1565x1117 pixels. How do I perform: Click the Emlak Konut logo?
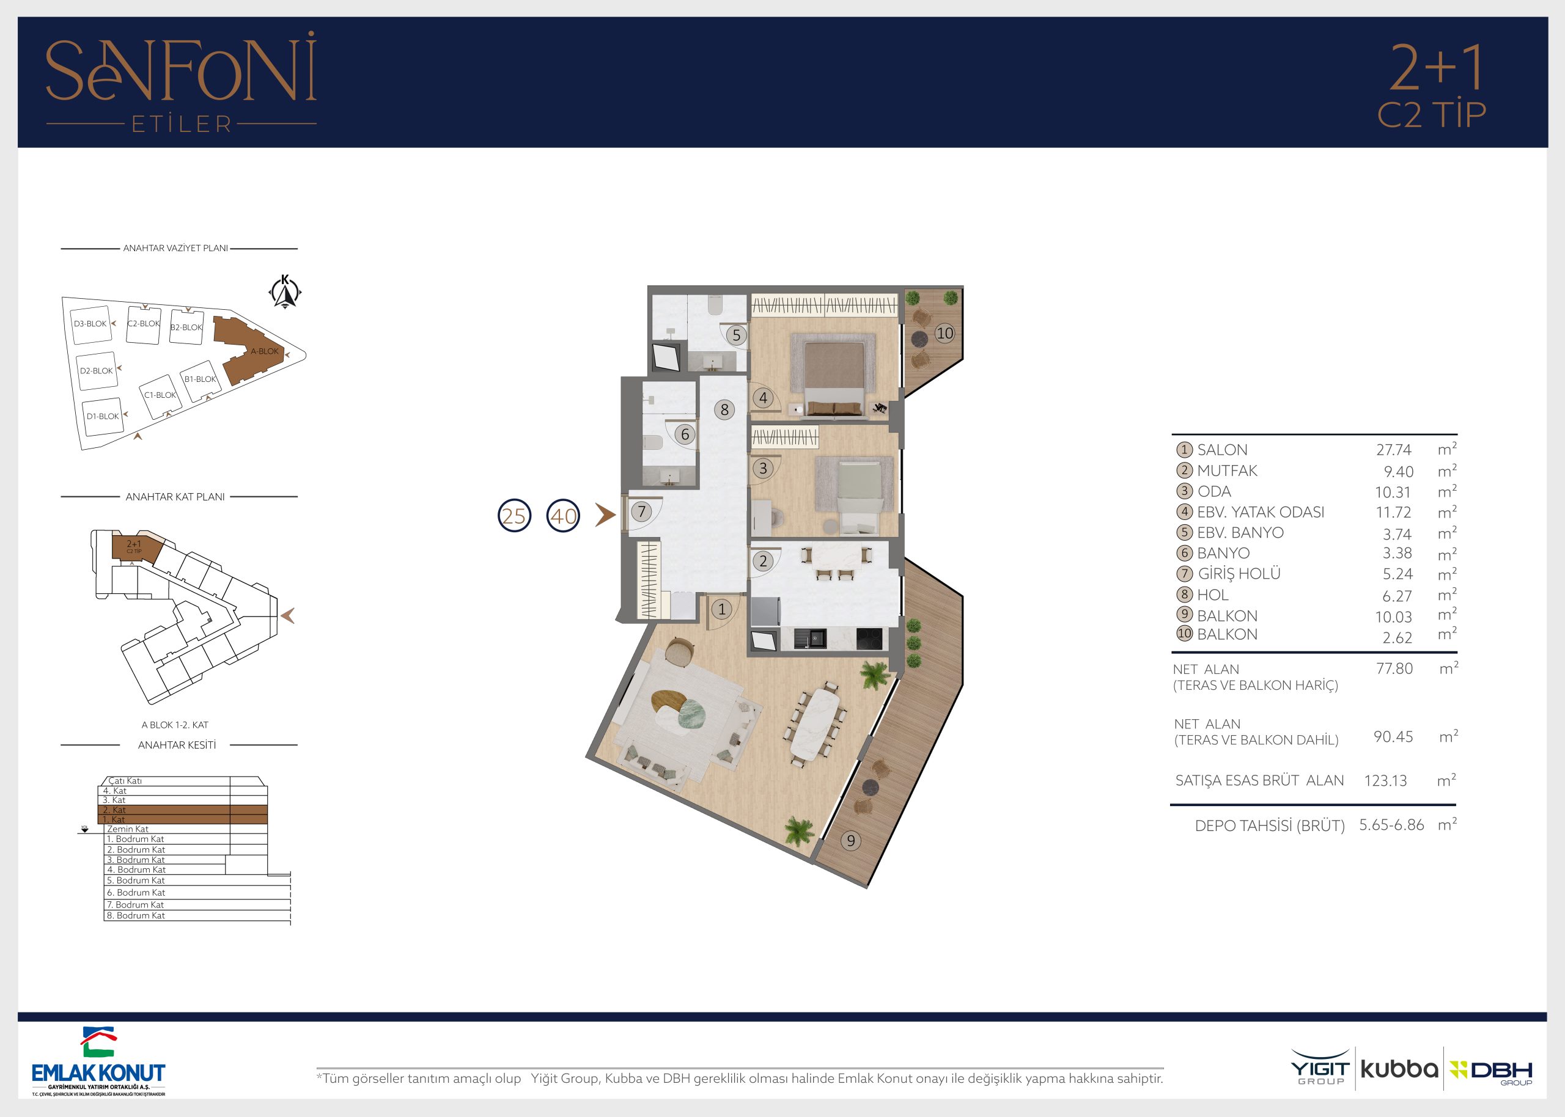click(98, 1061)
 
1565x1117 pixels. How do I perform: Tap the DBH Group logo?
click(1492, 1072)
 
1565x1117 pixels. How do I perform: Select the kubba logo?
click(1399, 1069)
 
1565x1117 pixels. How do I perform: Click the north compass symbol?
click(285, 291)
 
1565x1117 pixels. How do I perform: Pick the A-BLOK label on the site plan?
click(264, 351)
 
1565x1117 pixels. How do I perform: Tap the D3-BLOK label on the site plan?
click(90, 324)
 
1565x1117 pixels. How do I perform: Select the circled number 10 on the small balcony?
click(945, 334)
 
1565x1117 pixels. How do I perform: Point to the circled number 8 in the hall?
click(724, 410)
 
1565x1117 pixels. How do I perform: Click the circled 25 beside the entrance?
click(514, 516)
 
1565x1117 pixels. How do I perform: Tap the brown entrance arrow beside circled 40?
click(605, 515)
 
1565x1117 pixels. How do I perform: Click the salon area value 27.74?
click(1394, 450)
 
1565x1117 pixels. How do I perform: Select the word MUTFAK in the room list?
click(1227, 471)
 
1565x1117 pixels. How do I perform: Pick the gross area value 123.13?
click(1385, 781)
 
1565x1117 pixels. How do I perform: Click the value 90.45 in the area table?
click(1393, 737)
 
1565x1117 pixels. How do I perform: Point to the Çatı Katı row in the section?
click(125, 781)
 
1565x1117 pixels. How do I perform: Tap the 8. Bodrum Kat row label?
click(136, 915)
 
